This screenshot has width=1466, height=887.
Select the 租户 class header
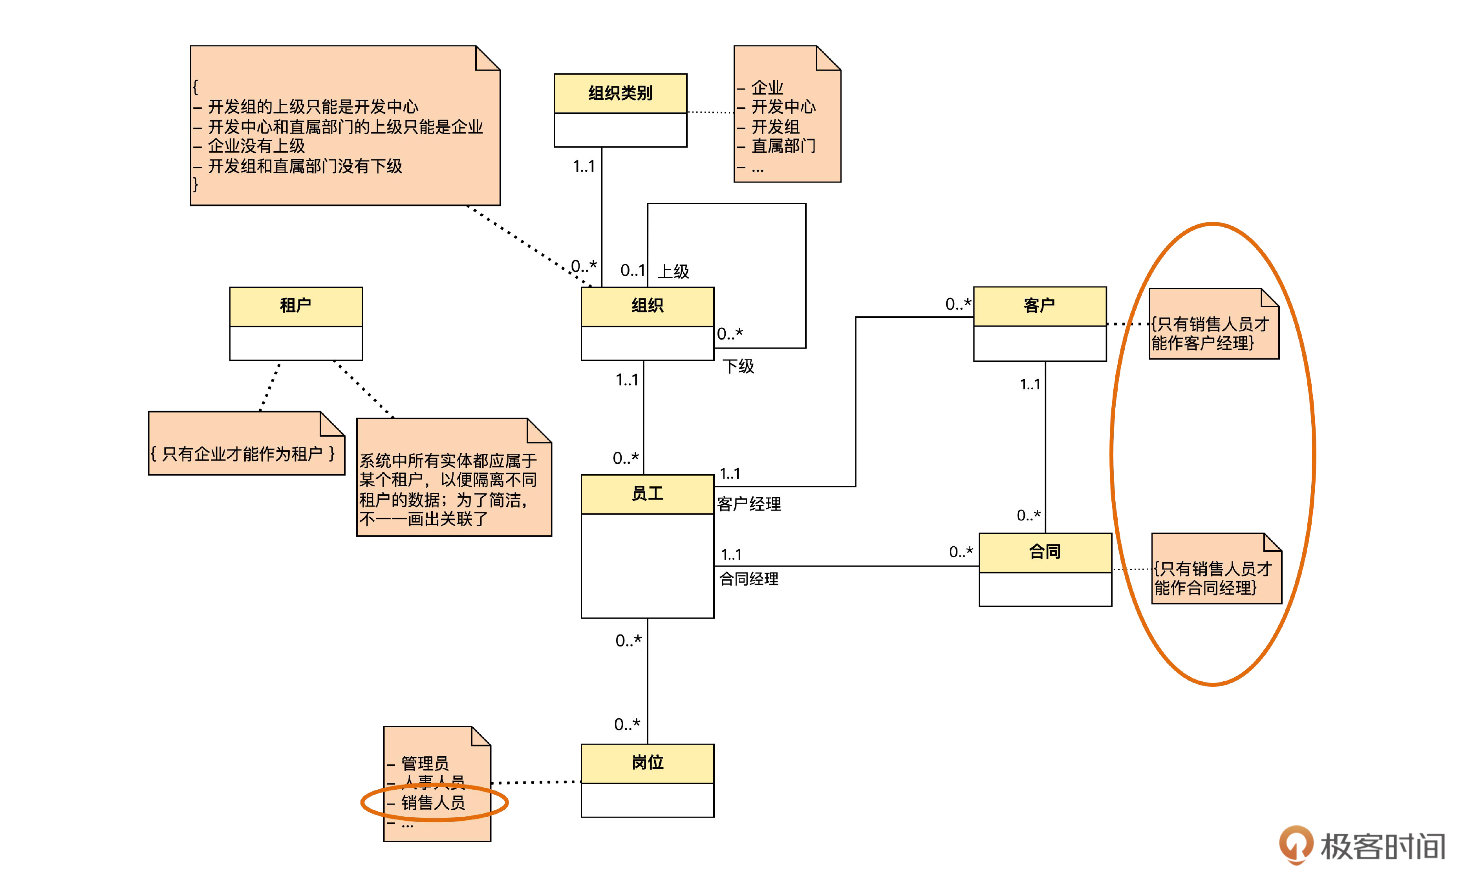[296, 306]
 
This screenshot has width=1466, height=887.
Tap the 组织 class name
[647, 306]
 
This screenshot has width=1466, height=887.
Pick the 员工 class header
[647, 493]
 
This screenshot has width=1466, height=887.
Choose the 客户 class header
[1040, 306]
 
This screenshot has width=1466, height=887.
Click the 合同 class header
[1045, 552]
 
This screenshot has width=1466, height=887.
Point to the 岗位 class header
[647, 762]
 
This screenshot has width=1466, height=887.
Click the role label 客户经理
[749, 504]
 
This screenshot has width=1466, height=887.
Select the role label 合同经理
[749, 579]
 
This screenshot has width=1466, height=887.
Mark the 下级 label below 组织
[738, 366]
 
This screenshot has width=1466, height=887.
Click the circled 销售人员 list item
[433, 803]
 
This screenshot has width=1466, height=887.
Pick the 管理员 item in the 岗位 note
[425, 763]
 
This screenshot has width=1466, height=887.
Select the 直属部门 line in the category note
[783, 146]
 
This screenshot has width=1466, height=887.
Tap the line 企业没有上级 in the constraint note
[256, 146]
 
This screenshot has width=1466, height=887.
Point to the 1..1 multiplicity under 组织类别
[584, 166]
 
